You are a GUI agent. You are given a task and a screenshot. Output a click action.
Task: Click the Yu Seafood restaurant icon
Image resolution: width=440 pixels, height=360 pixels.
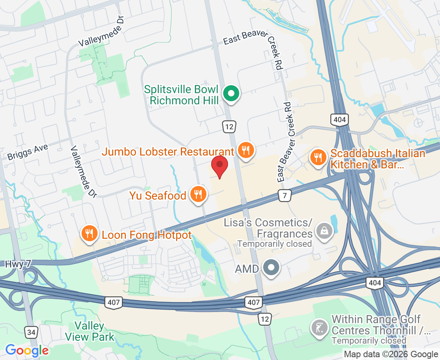[198, 194]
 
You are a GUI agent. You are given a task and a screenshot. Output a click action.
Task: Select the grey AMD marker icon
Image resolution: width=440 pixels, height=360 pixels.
[272, 267]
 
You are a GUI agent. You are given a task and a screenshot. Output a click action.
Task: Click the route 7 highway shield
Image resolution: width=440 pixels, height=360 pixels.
[284, 196]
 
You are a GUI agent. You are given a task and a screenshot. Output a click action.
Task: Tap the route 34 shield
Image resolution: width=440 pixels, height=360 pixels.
[31, 332]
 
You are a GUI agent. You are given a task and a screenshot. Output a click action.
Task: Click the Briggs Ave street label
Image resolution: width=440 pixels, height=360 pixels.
[28, 152]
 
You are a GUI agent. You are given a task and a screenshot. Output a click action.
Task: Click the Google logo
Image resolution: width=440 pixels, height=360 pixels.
[27, 351]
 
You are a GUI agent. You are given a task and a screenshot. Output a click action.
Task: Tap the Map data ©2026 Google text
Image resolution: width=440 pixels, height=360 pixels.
[391, 354]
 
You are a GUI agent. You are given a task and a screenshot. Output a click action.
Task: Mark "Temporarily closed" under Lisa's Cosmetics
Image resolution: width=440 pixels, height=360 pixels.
[274, 244]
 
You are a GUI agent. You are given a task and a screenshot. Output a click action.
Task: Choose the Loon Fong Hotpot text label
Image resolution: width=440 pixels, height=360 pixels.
[147, 235]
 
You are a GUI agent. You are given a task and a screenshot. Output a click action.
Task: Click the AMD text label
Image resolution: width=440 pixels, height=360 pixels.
[246, 269]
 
